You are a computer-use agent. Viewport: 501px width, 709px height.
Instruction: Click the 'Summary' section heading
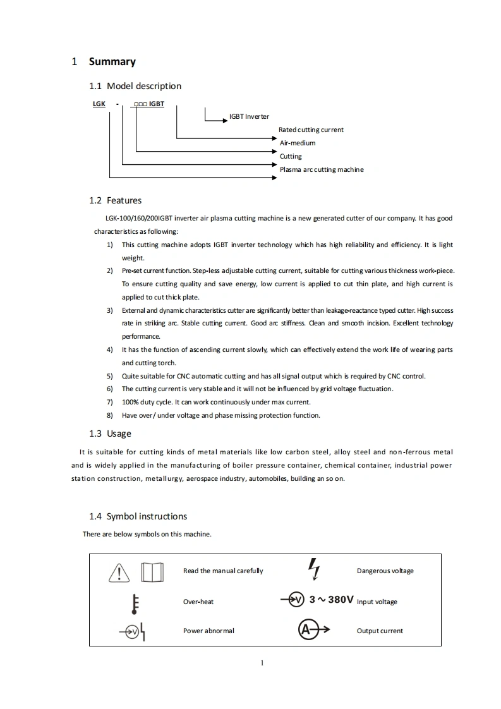pos(112,61)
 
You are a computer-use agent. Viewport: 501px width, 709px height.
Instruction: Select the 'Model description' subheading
pos(144,86)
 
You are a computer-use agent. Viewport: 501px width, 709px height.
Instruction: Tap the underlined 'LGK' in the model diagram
pos(99,104)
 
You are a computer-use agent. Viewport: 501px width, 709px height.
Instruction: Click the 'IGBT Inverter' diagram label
pos(249,116)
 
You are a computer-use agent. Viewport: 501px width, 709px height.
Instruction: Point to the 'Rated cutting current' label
pos(311,130)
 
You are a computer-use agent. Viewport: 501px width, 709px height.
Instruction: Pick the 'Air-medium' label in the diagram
pos(298,143)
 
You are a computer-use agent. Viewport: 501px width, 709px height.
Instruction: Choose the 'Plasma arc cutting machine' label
pos(322,169)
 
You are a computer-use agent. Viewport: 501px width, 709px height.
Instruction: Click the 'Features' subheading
pos(124,200)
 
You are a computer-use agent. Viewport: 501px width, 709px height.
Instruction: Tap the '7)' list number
pos(109,402)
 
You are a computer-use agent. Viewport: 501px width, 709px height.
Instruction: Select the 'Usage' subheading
pos(119,433)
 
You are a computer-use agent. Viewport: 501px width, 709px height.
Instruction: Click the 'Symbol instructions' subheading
pos(147,516)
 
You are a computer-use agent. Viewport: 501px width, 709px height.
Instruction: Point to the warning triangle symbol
pos(119,573)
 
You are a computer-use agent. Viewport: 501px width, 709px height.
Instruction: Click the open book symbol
pos(152,572)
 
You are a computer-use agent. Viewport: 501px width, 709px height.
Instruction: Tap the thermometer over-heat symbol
pos(134,603)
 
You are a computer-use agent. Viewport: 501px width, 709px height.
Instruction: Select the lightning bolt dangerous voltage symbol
pos(313,568)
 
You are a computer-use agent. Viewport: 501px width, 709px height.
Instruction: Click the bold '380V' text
pos(339,599)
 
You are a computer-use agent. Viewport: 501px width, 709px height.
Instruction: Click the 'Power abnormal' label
pos(208,631)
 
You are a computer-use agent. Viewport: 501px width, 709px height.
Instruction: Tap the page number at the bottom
pos(262,663)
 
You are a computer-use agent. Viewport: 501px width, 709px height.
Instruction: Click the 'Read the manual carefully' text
pos(223,571)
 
